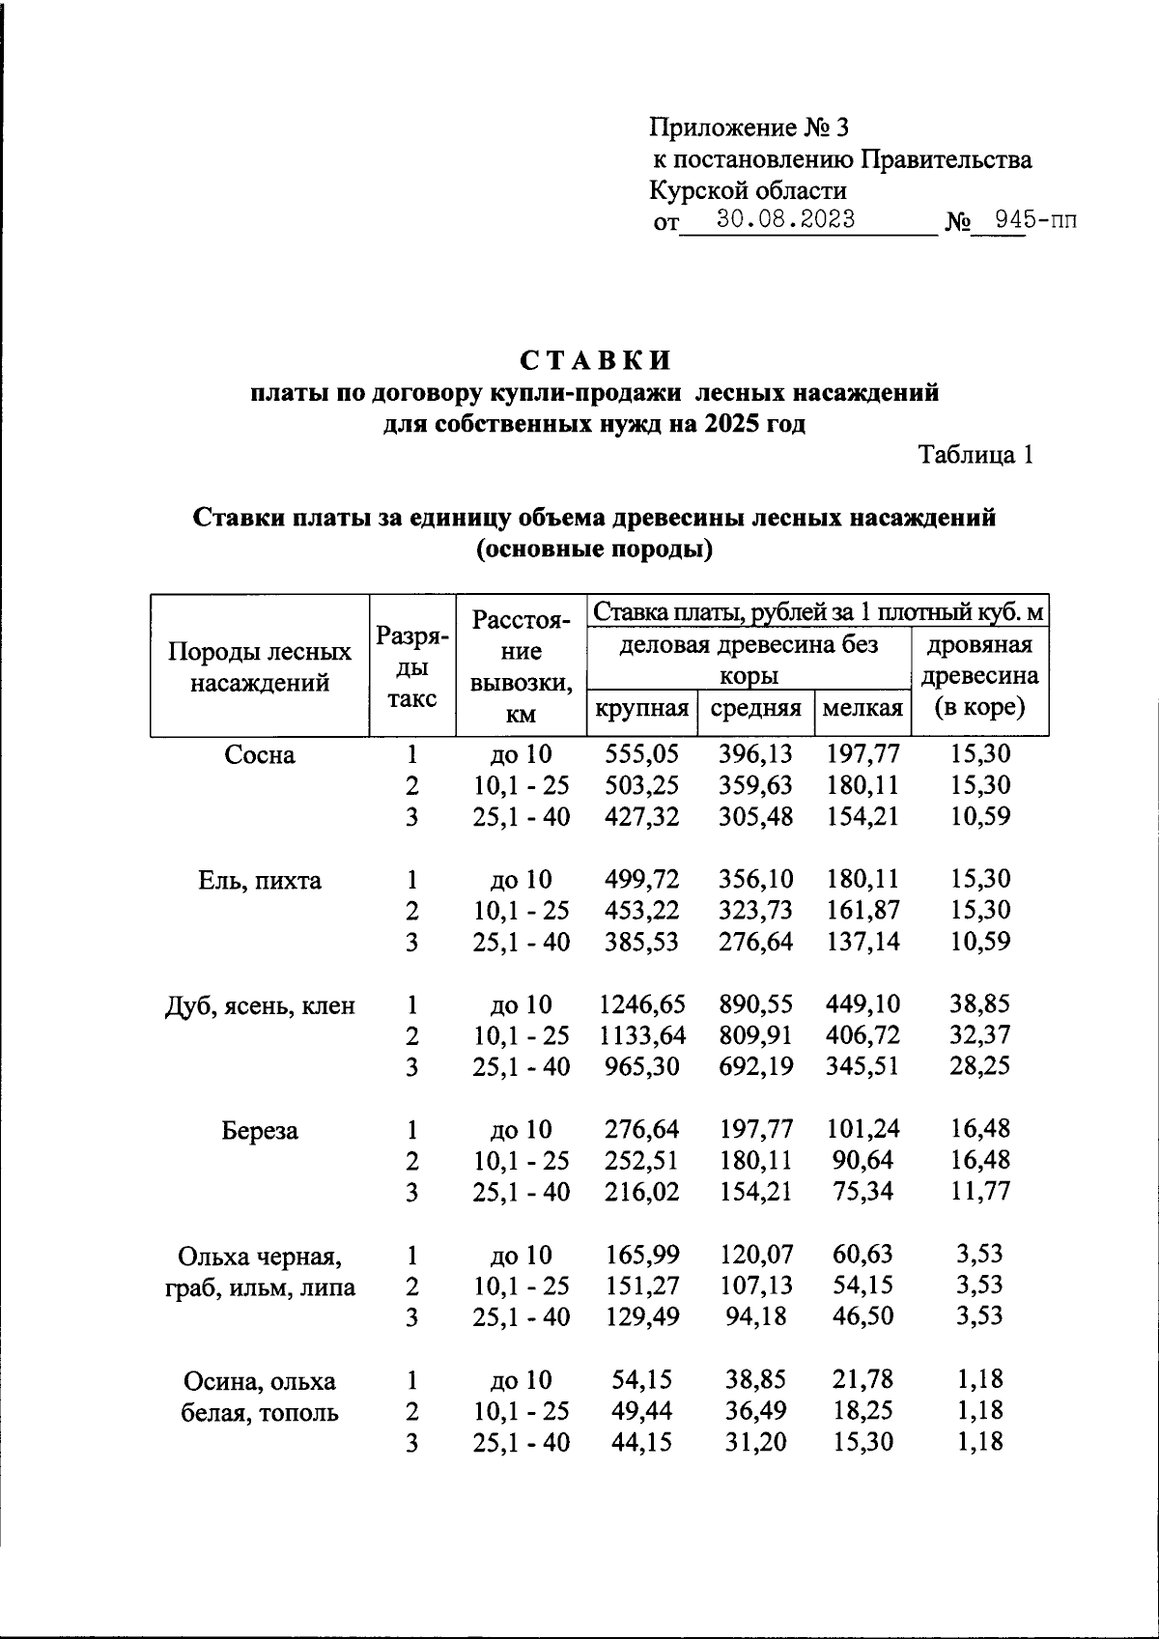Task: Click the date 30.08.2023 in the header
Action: (x=785, y=219)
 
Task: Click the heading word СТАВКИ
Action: (x=595, y=360)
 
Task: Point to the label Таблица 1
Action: (x=975, y=454)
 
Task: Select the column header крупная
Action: (x=641, y=709)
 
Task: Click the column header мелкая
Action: (x=862, y=709)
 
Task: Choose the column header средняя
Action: (x=755, y=709)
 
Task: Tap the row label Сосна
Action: (x=259, y=754)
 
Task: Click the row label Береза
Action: (x=259, y=1130)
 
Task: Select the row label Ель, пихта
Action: (x=259, y=880)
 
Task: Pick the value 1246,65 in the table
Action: (x=641, y=1004)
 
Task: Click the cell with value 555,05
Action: (x=641, y=754)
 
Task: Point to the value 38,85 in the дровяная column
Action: (x=980, y=1004)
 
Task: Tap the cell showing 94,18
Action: (x=755, y=1316)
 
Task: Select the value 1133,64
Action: (x=641, y=1035)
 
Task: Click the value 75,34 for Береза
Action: (x=862, y=1192)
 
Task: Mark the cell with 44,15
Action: (x=641, y=1442)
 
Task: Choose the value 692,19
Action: (x=755, y=1067)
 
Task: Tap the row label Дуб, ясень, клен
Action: (x=259, y=1006)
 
